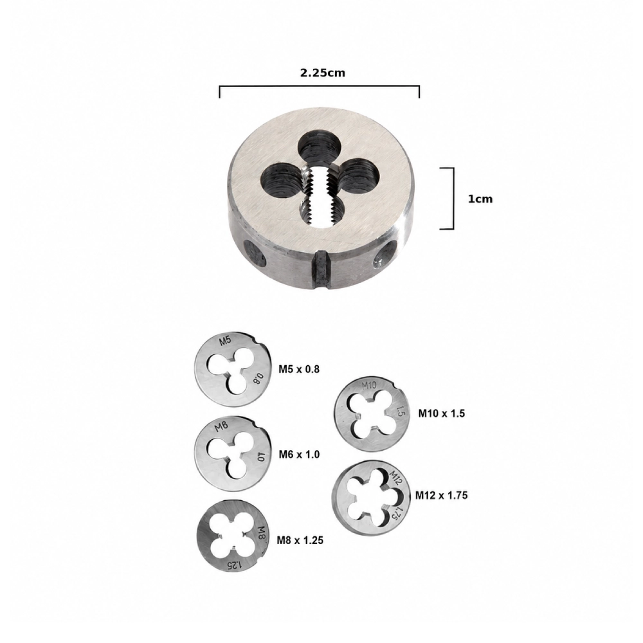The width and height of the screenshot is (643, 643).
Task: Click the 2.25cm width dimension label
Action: (x=323, y=73)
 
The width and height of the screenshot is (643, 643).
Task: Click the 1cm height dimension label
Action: (x=480, y=199)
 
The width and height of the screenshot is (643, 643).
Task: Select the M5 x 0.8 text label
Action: (x=299, y=369)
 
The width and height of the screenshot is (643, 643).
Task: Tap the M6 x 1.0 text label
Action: (x=300, y=455)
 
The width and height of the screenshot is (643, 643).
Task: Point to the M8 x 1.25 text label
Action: (x=300, y=540)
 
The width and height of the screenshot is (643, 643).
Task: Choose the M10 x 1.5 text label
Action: (x=442, y=413)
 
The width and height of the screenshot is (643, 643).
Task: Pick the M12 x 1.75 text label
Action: (x=442, y=495)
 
